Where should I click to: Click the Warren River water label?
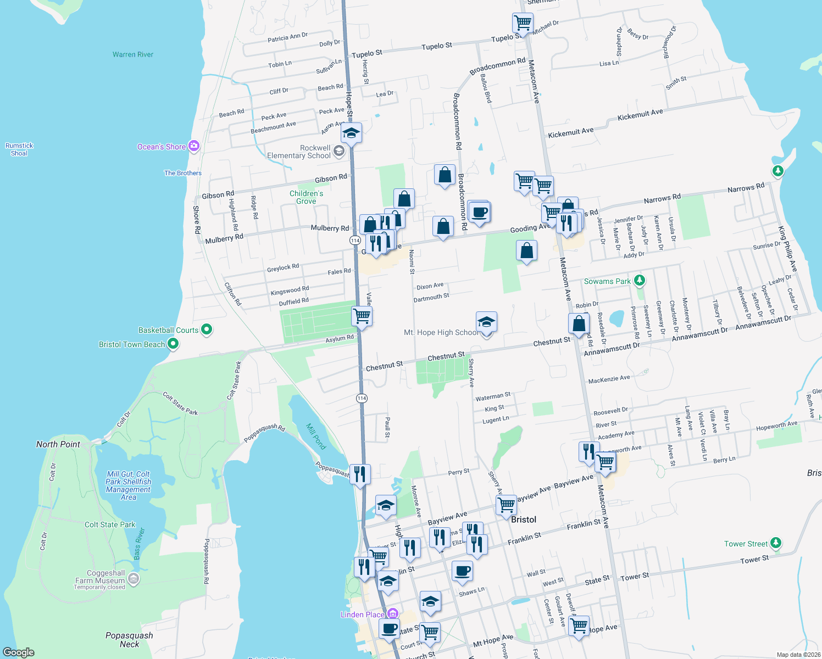(x=133, y=54)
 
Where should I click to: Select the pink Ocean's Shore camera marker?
(x=193, y=146)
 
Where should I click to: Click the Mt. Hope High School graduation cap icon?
(x=486, y=322)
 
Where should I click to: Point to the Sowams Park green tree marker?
(x=639, y=281)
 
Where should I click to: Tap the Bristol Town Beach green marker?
(x=173, y=344)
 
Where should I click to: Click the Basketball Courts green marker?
(x=207, y=329)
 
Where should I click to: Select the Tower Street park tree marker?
(x=775, y=544)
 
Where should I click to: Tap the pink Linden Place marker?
(x=392, y=613)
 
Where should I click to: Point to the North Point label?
(x=58, y=444)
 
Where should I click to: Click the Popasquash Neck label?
(x=129, y=640)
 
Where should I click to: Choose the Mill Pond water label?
(x=316, y=437)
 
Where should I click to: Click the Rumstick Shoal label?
(x=19, y=149)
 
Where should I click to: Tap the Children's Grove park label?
(x=306, y=197)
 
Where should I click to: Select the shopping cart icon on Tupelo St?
(x=522, y=23)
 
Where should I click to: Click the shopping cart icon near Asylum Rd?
(x=362, y=316)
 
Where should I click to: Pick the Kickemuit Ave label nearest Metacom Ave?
(x=571, y=132)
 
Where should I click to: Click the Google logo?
(x=19, y=652)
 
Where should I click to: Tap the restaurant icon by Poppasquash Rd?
(x=360, y=473)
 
